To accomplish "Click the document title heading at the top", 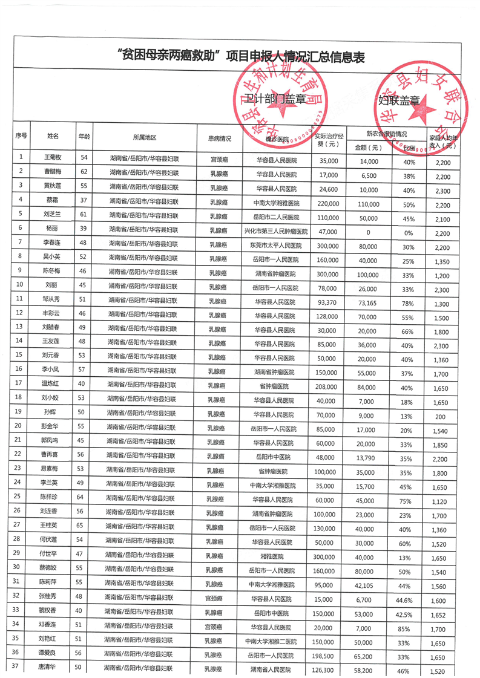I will coord(240,57).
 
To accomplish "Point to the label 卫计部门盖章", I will coord(265,98).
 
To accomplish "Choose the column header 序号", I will coord(21,137).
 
